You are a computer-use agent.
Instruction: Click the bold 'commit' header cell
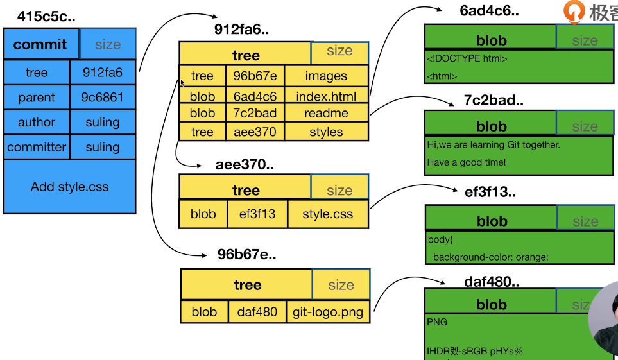(x=40, y=44)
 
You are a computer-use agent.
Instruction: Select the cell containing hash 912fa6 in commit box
(x=103, y=73)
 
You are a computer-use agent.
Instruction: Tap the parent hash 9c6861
(x=103, y=98)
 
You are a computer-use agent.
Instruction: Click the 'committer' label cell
(x=37, y=147)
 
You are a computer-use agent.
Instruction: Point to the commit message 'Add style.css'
(x=69, y=187)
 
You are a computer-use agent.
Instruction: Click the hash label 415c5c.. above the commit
(x=46, y=17)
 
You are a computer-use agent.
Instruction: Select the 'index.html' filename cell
(x=326, y=96)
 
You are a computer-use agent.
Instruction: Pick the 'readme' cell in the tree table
(x=326, y=113)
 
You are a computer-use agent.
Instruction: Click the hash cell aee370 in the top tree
(x=255, y=132)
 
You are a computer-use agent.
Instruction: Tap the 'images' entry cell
(x=326, y=76)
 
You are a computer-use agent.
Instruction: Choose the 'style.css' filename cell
(x=327, y=214)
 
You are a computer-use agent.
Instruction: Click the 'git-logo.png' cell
(x=327, y=312)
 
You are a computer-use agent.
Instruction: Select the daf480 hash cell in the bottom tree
(x=257, y=312)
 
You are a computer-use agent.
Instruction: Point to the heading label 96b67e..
(x=246, y=254)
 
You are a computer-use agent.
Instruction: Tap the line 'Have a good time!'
(x=466, y=162)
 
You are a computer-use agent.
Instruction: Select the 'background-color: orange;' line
(x=490, y=257)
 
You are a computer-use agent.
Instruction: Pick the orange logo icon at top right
(x=574, y=11)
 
